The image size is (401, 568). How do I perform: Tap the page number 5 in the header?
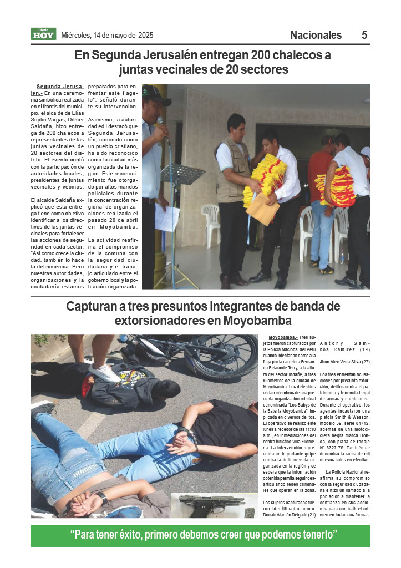[x=364, y=35]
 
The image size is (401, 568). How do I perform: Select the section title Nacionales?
[x=316, y=35]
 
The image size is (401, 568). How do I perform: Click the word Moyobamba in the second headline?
[x=257, y=321]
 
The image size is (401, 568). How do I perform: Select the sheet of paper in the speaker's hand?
[x=166, y=217]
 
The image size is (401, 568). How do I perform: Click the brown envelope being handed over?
[x=263, y=209]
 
